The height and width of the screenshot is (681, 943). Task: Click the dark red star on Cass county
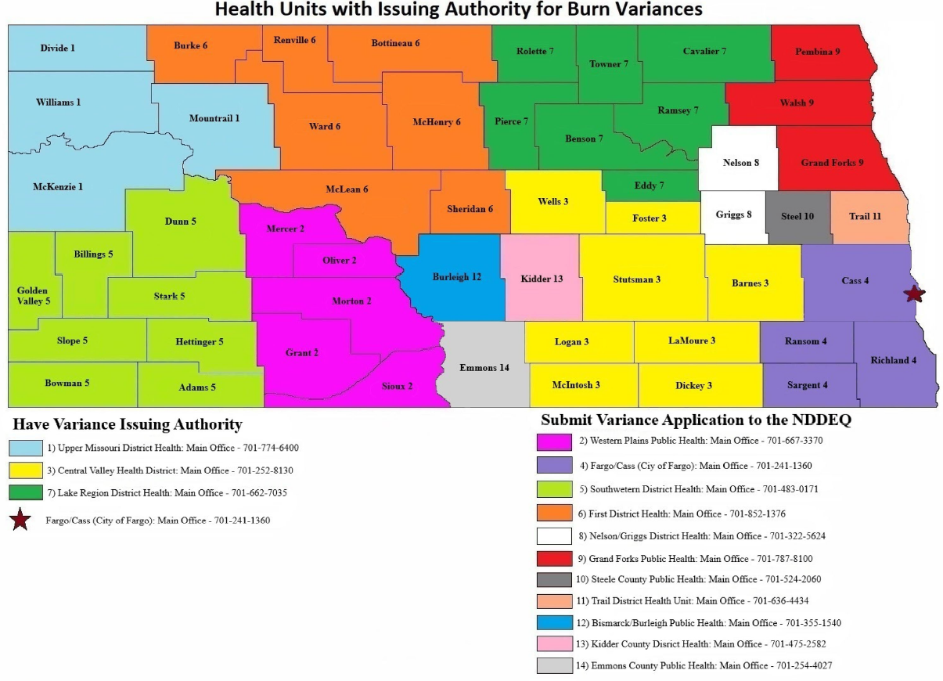[913, 294]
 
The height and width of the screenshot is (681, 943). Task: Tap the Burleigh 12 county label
[457, 277]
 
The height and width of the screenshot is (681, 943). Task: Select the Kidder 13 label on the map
[542, 279]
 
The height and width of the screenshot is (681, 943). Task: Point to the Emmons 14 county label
[484, 367]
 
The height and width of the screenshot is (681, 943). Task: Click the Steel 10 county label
[797, 216]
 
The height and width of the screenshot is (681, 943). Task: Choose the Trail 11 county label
[866, 216]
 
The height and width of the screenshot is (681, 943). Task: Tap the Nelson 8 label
[740, 163]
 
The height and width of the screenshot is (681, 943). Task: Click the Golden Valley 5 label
[32, 295]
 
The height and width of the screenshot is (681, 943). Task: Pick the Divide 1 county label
[57, 48]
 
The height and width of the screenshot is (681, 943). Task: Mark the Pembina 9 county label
[817, 52]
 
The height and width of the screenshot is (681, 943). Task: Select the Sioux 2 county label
[397, 386]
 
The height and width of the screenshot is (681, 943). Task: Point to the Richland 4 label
[893, 360]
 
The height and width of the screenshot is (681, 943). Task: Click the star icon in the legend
[20, 520]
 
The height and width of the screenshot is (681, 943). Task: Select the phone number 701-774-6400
[270, 449]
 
